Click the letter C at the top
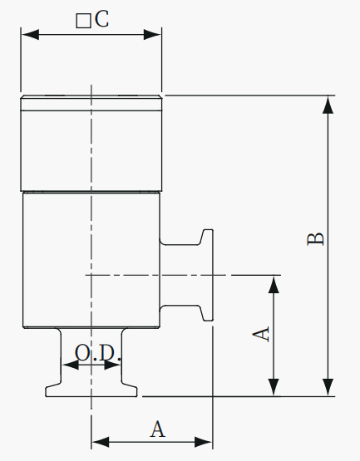[x=102, y=19]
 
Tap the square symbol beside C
[x=83, y=21]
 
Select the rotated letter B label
[x=315, y=239]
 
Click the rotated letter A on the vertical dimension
[x=261, y=334]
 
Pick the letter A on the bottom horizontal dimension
[x=158, y=429]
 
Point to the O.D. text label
[x=98, y=353]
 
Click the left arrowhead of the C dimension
[x=30, y=35]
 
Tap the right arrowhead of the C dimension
[x=152, y=35]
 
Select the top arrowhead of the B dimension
[x=328, y=105]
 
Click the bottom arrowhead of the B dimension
[x=328, y=387]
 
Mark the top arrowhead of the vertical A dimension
[x=274, y=285]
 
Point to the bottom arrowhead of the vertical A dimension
[x=274, y=387]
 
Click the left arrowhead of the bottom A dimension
[x=101, y=442]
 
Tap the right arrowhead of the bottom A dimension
[x=204, y=442]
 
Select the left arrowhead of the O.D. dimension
[x=71, y=365]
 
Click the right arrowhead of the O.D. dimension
[x=112, y=365]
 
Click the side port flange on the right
[x=207, y=275]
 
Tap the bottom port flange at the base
[x=91, y=391]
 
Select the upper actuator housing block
[x=91, y=151]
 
